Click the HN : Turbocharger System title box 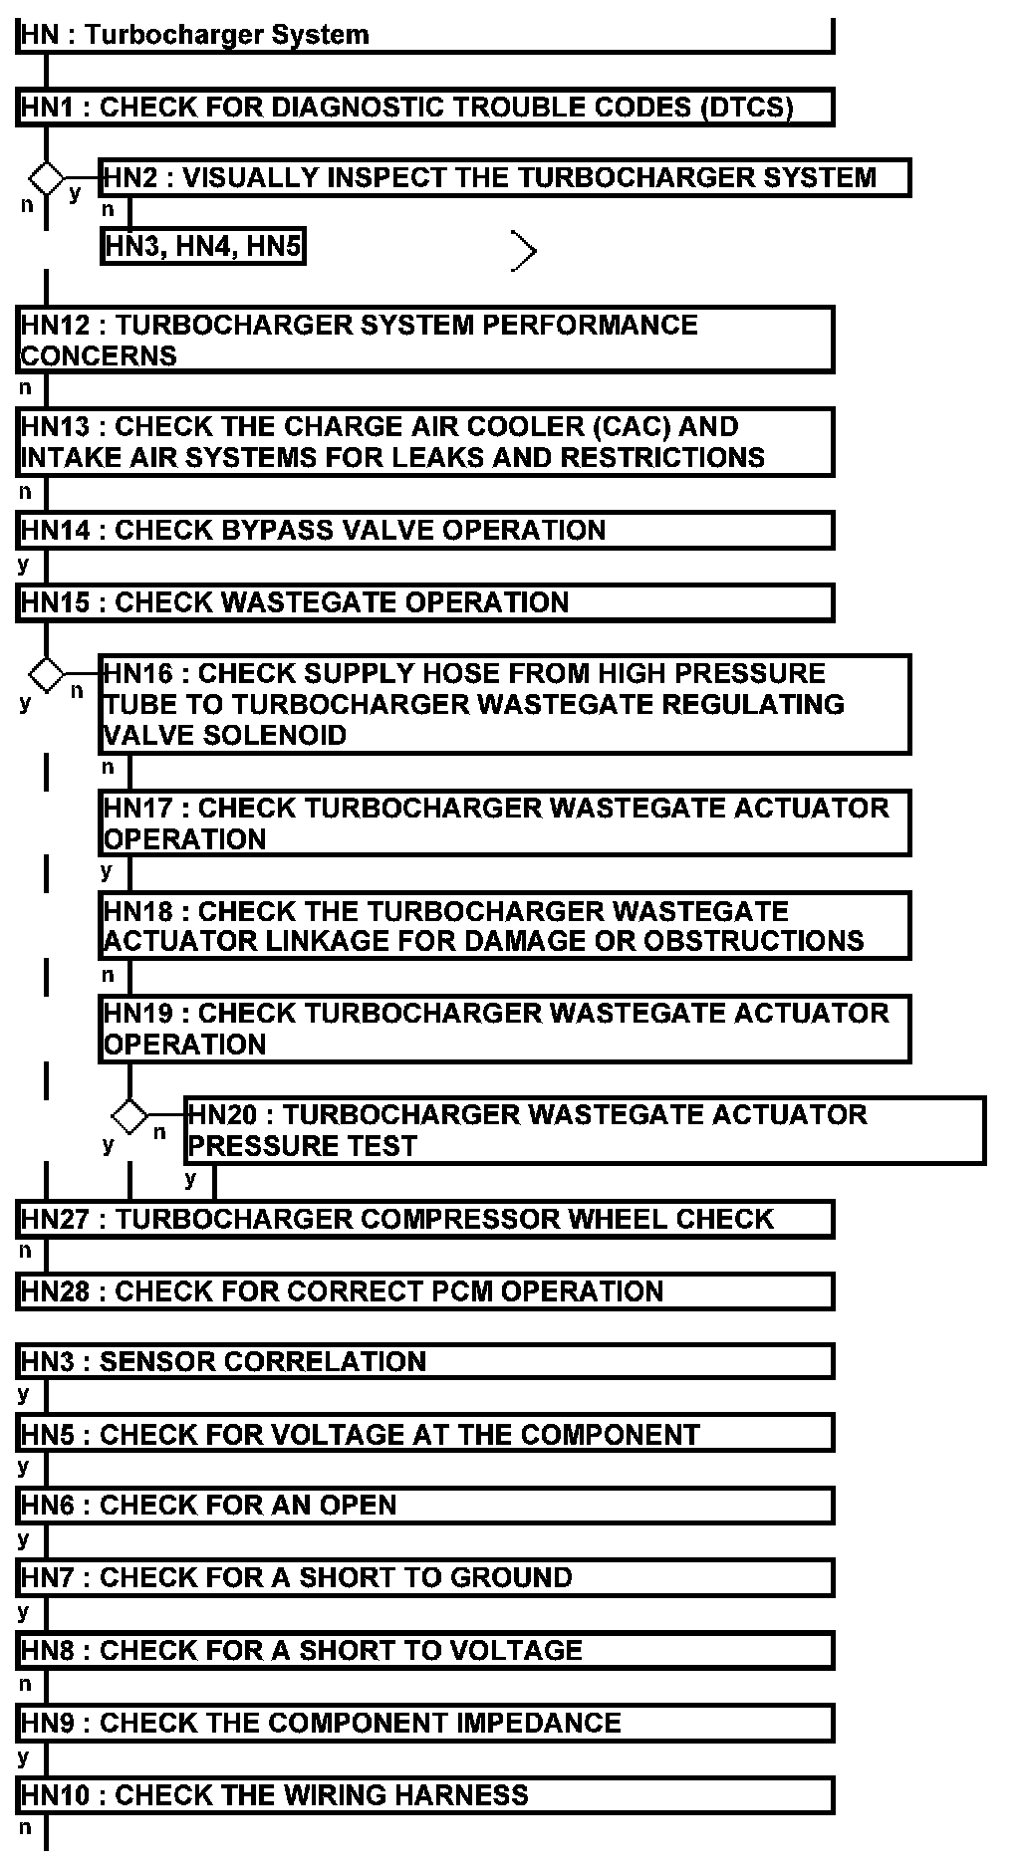coord(425,35)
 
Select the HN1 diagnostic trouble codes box coord(425,107)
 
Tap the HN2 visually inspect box coord(504,177)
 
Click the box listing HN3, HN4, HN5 coord(203,246)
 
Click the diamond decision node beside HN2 coord(46,179)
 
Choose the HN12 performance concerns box coord(425,340)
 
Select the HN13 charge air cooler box coord(425,442)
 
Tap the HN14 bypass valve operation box coord(425,530)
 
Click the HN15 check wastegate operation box coord(425,602)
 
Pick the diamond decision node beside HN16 coord(46,674)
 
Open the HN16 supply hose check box coord(504,704)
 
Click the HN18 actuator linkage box coord(504,926)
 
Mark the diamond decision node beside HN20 coord(129,1116)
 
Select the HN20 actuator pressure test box coord(585,1130)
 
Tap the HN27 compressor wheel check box coord(425,1220)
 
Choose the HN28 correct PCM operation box coord(425,1291)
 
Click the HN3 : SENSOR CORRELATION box coord(425,1361)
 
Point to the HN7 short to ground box coord(425,1577)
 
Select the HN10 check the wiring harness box coord(425,1795)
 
